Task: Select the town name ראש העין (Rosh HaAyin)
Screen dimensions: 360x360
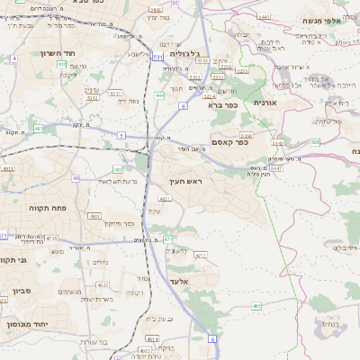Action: (x=184, y=181)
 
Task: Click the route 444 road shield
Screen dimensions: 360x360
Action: (x=159, y=94)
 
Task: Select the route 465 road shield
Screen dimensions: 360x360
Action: (x=257, y=307)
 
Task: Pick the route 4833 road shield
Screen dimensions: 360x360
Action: (x=94, y=216)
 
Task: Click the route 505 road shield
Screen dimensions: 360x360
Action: (x=314, y=141)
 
